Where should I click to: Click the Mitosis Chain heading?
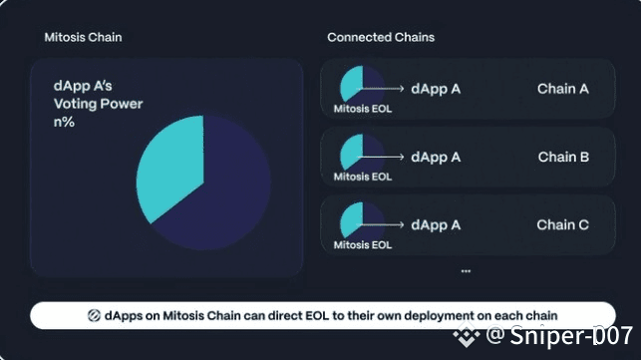point(83,37)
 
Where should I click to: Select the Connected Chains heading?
point(381,37)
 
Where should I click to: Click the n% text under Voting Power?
point(64,122)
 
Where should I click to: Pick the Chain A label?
point(563,89)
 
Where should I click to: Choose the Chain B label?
point(563,157)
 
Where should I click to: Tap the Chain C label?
point(562,224)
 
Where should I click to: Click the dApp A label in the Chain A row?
point(436,89)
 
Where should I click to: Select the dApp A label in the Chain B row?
point(436,157)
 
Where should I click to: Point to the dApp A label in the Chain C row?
point(436,224)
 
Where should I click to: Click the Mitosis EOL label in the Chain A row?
point(363,109)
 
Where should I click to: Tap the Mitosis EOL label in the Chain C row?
point(363,244)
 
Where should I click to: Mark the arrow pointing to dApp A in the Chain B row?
point(381,157)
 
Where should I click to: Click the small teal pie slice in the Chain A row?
point(352,83)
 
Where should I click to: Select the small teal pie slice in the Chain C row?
point(352,219)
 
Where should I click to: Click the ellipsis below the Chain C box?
point(466,271)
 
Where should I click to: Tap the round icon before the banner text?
point(94,315)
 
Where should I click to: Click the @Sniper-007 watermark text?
point(559,335)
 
